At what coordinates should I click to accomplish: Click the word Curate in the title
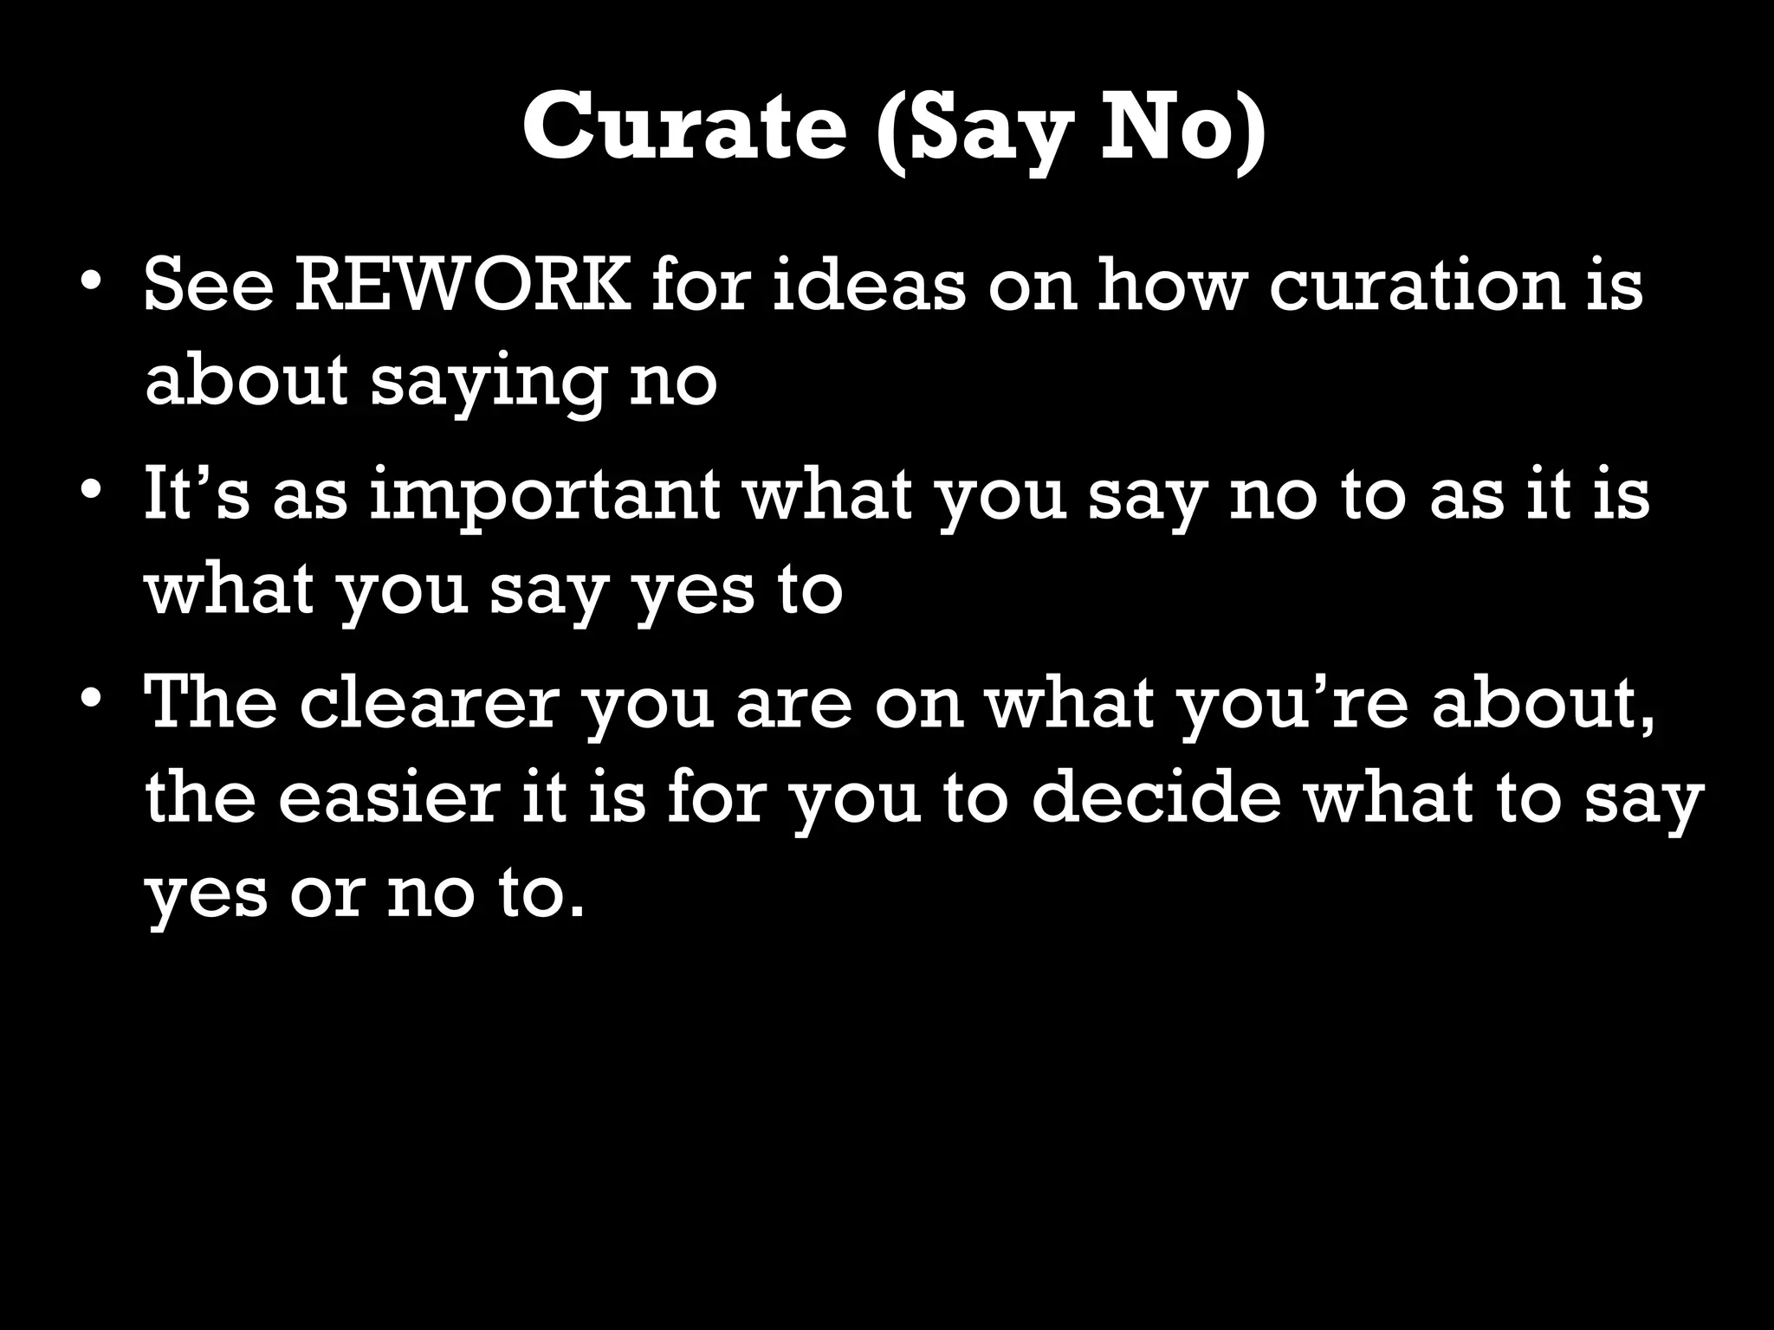684,127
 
